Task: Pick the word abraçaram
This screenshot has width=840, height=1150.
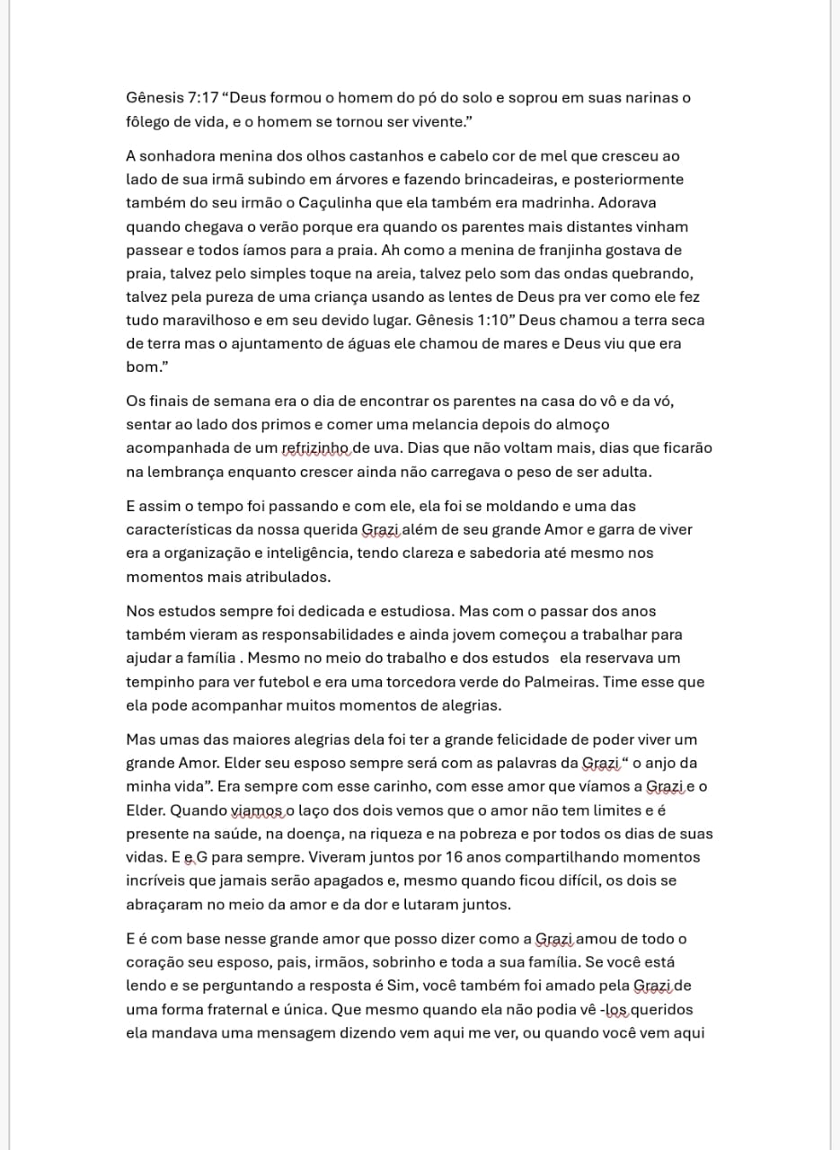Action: pos(166,905)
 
